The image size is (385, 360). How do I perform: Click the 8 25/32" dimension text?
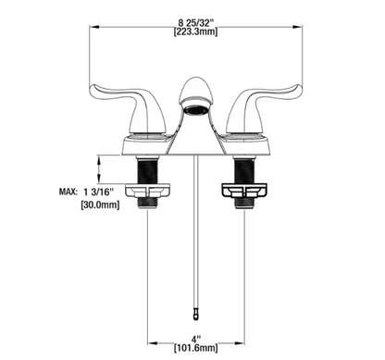pyautogui.click(x=196, y=22)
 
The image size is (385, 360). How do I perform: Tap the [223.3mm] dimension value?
pyautogui.click(x=195, y=31)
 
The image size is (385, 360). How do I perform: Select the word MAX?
pyautogui.click(x=68, y=192)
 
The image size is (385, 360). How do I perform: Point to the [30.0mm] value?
pyautogui.click(x=100, y=205)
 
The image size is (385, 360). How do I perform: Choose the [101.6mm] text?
pyautogui.click(x=195, y=348)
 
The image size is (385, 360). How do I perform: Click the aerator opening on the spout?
pyautogui.click(x=195, y=111)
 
